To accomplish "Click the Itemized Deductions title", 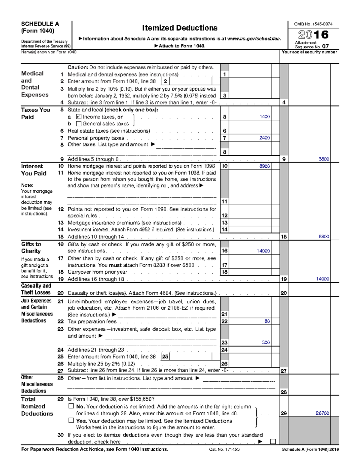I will point(179,28).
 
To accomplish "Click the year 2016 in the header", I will point(313,35).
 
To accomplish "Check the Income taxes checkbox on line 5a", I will point(79,117).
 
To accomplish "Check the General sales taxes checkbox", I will point(79,124).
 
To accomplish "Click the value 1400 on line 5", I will point(265,117).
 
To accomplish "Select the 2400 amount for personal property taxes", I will point(264,138).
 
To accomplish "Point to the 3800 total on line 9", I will point(324,159).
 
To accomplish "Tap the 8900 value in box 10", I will point(264,166).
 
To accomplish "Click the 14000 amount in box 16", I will point(263,251).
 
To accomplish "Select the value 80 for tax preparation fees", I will point(267,321).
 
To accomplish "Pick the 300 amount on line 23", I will point(266,342).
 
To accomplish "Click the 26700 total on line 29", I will point(322,413).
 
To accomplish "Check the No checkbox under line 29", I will point(71,406).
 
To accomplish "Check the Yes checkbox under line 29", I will point(71,420).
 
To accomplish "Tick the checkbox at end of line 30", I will point(273,441).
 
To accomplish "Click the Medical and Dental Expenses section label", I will point(34,84).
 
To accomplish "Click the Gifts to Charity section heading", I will point(31,248).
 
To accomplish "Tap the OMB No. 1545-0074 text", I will point(313,24).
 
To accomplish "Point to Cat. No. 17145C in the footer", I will point(224,449).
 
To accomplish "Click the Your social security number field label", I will point(309,52).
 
